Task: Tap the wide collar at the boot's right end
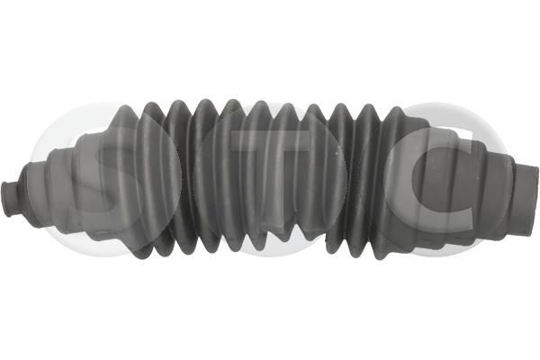pyautogui.click(x=526, y=200)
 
